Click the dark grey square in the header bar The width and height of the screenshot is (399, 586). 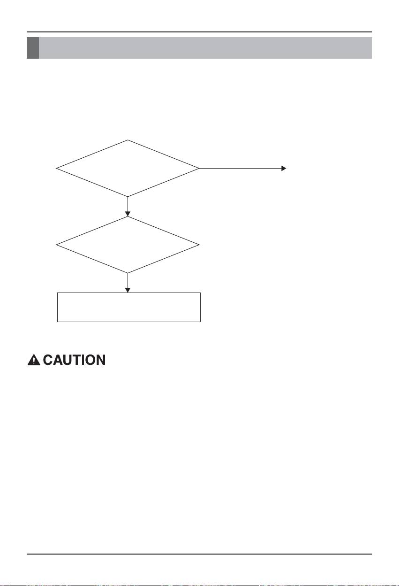(x=32, y=48)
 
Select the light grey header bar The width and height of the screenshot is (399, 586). (x=205, y=48)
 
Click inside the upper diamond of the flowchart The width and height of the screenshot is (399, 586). (x=128, y=168)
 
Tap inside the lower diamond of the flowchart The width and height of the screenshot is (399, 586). (x=128, y=245)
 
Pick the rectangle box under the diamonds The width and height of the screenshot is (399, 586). (x=129, y=307)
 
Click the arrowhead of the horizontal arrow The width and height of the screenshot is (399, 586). (x=284, y=168)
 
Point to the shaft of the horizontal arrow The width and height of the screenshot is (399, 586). (x=239, y=168)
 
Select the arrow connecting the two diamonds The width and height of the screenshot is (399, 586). (x=128, y=206)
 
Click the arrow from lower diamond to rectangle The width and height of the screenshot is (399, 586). (x=128, y=283)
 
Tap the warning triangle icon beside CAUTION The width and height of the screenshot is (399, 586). (x=34, y=361)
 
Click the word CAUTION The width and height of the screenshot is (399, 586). (x=74, y=361)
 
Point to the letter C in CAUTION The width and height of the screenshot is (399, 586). (x=48, y=361)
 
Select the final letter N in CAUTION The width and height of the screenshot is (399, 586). (x=99, y=361)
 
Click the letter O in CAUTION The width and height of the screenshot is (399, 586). (x=89, y=361)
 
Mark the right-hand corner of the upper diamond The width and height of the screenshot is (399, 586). (x=199, y=168)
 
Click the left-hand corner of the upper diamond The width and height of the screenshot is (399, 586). (x=56, y=168)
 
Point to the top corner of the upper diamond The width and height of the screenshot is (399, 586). (x=128, y=140)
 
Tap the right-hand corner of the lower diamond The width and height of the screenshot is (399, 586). (x=199, y=245)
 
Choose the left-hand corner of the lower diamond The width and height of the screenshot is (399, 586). (x=56, y=245)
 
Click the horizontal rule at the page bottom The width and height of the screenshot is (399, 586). (x=199, y=554)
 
